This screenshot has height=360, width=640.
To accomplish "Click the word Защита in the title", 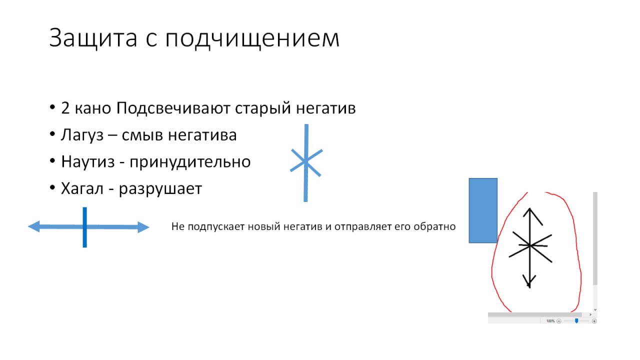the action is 93,38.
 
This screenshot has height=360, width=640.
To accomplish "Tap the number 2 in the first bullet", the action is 65,108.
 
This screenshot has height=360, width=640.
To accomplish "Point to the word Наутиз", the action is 88,162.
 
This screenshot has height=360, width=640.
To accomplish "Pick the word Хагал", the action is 82,189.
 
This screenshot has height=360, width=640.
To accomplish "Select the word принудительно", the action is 190,162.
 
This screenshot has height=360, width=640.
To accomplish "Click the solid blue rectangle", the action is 483,210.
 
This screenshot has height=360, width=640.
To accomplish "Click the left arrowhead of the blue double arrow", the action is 34,226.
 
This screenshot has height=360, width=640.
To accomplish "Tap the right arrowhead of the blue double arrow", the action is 143,227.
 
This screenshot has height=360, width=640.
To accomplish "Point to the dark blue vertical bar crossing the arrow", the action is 85,227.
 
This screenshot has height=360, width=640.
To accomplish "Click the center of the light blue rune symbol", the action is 306,162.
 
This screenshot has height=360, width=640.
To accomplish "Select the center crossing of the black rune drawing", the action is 529,245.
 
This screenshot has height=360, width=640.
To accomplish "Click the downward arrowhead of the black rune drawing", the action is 529,282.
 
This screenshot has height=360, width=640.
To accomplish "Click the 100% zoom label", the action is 550,321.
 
